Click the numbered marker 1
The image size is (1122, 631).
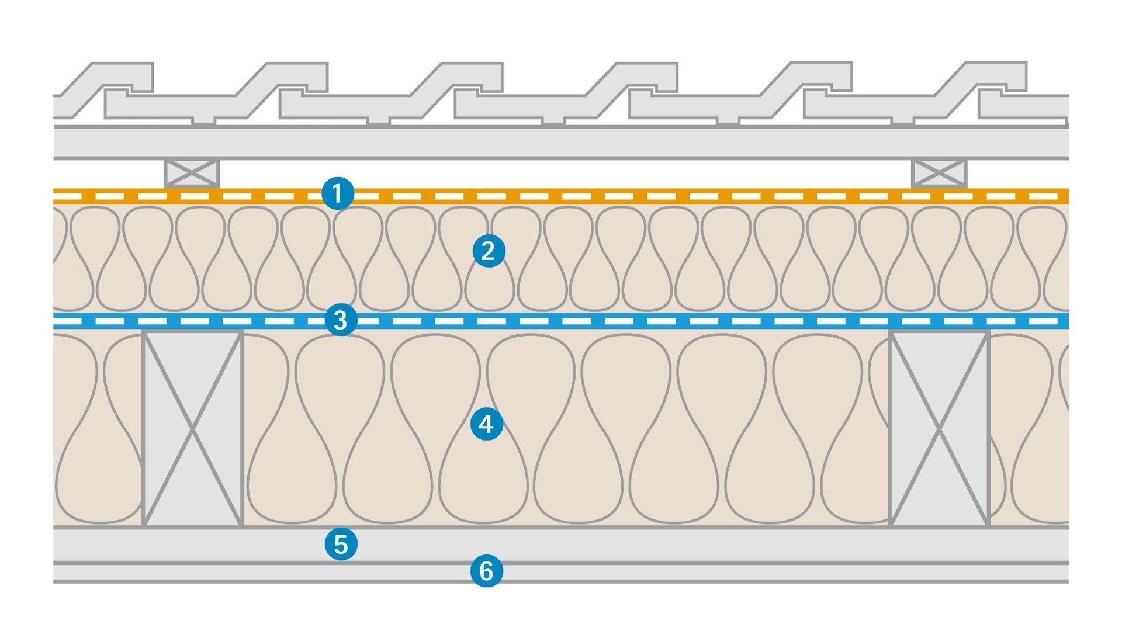tap(338, 193)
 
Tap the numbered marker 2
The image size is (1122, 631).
tap(489, 251)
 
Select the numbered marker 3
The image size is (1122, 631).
tap(341, 320)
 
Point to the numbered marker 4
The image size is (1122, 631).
tap(486, 424)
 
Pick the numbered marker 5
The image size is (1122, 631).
tap(341, 544)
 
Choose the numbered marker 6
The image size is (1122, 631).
tap(486, 571)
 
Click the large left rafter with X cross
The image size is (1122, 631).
tap(193, 429)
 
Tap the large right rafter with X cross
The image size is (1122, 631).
tap(939, 429)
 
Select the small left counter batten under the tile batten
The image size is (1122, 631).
tap(192, 174)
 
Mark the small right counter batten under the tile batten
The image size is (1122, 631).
tap(939, 174)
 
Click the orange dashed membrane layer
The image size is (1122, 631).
tap(584, 196)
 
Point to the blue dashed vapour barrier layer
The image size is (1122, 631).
tap(584, 321)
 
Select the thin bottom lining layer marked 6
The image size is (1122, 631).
tap(643, 573)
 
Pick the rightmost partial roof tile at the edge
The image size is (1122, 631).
tap(1028, 106)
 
